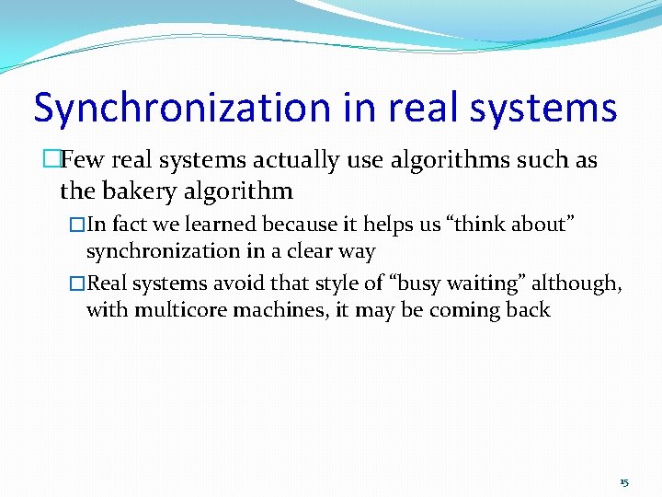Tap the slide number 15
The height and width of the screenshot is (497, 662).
(624, 482)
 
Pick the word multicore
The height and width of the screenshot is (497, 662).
(181, 309)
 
